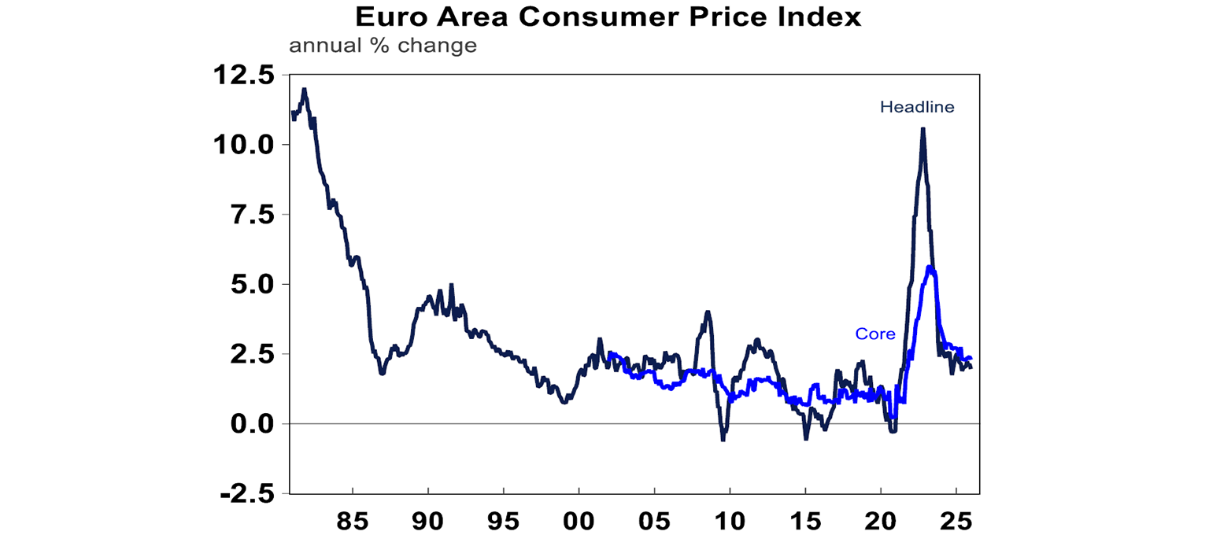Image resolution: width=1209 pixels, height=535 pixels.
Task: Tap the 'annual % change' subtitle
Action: (383, 46)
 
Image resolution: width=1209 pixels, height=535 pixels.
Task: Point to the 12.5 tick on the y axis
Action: (242, 76)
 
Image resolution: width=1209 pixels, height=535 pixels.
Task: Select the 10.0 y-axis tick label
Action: (242, 145)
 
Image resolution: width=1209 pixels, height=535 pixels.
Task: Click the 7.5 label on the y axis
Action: (249, 215)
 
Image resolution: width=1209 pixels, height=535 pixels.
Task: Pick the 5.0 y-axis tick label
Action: (249, 284)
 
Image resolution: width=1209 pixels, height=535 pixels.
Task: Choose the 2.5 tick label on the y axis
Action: (249, 354)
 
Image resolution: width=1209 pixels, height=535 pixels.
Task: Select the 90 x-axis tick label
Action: (427, 521)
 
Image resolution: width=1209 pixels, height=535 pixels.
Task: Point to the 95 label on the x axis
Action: (503, 521)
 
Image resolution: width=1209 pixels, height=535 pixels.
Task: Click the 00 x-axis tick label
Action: (579, 521)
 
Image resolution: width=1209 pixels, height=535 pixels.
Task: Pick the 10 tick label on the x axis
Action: (730, 521)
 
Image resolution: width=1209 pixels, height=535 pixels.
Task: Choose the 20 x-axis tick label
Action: (881, 521)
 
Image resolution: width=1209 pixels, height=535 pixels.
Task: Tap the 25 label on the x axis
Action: (956, 521)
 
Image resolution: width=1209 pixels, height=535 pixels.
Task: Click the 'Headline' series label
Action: (916, 107)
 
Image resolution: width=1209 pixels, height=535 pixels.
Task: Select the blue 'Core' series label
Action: (875, 334)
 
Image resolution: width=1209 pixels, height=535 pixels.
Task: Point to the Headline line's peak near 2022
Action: (922, 130)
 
